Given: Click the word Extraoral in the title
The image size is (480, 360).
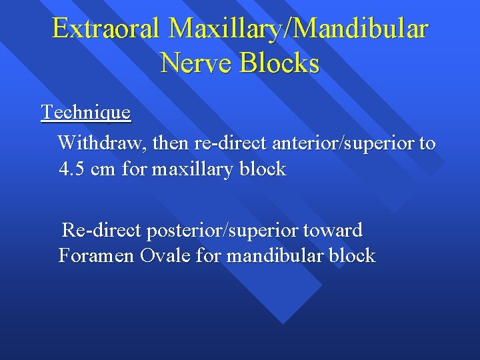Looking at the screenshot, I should pyautogui.click(x=107, y=29).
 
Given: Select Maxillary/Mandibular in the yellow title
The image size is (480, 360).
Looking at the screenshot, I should pyautogui.click(x=299, y=30).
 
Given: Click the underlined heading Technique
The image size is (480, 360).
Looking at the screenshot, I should pyautogui.click(x=86, y=112).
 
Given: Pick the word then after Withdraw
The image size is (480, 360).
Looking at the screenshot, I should pyautogui.click(x=172, y=143).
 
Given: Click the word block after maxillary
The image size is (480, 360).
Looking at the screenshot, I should pyautogui.click(x=262, y=169).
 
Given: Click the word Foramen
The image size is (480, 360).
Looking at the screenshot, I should pyautogui.click(x=97, y=256).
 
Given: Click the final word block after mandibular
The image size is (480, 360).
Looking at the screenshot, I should pyautogui.click(x=351, y=256).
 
